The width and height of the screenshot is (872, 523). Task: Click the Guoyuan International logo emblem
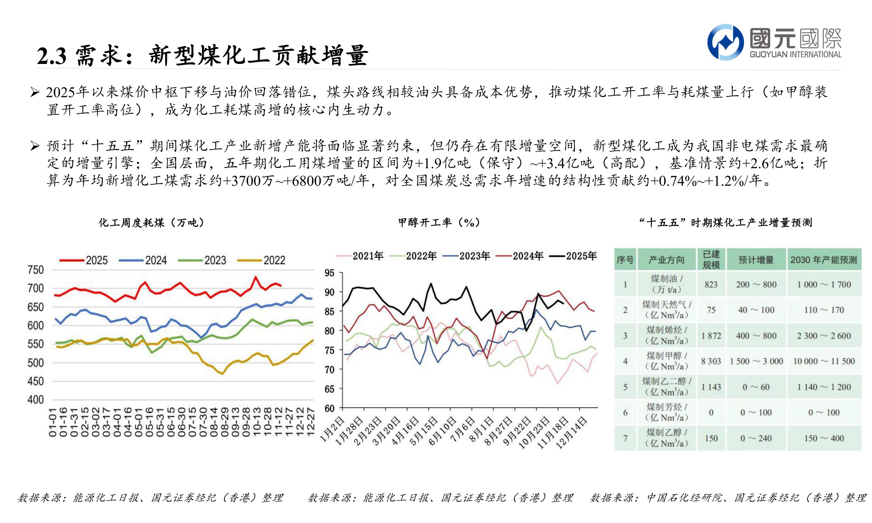[725, 42]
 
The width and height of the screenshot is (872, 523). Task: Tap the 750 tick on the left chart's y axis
[36, 270]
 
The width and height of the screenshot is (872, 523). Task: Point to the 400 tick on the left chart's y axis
[36, 400]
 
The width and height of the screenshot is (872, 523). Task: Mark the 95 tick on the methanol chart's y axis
[329, 273]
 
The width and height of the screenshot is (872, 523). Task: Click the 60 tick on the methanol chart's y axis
[329, 408]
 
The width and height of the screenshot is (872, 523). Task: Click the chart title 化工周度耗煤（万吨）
[151, 223]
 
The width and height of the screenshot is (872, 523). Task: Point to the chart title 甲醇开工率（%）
[439, 223]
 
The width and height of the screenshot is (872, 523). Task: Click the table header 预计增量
[756, 260]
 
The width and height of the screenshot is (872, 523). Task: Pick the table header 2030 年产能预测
[823, 260]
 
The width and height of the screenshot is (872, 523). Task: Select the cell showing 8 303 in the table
[711, 361]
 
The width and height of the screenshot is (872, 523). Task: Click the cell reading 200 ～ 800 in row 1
[756, 284]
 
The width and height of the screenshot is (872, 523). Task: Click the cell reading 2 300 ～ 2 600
[823, 336]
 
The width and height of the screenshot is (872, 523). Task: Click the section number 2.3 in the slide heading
[51, 56]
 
